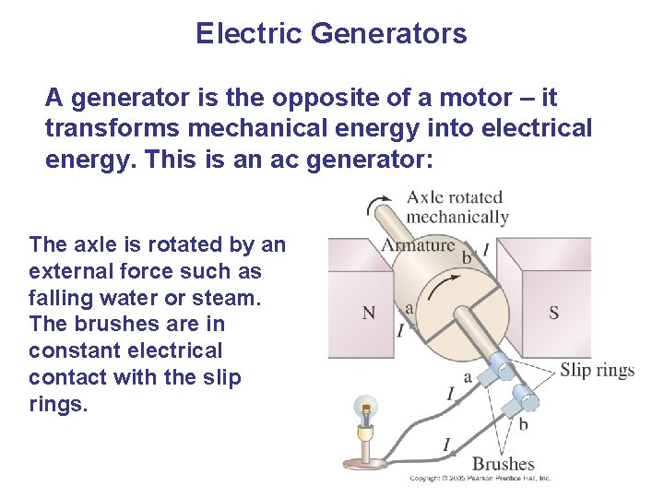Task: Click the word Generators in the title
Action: [388, 34]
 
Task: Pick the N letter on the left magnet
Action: [369, 313]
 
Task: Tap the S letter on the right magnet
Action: [553, 313]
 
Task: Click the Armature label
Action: [419, 244]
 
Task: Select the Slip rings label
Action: [598, 371]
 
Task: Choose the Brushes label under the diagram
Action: [504, 464]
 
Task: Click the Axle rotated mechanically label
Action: [456, 207]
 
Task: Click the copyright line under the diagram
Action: [480, 479]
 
